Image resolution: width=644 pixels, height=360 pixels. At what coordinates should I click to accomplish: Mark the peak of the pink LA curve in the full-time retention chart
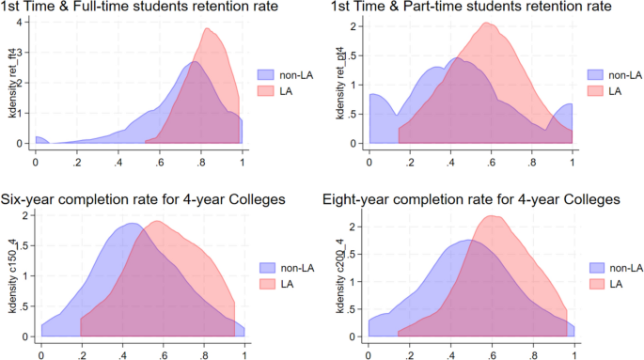point(205,28)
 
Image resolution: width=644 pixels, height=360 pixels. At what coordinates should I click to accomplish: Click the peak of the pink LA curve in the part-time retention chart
point(486,23)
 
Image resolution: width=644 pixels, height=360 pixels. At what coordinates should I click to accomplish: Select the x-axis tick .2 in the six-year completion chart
point(82,356)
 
